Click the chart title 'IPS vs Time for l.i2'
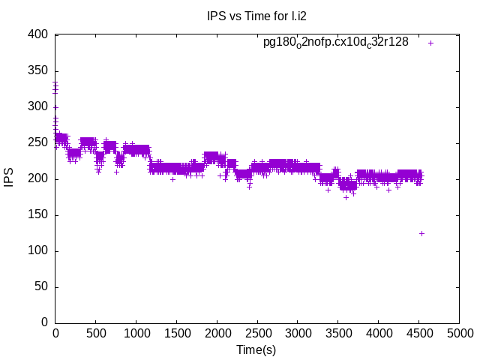[x=256, y=15]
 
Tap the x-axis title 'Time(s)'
[x=256, y=349]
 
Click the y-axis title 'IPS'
[x=10, y=179]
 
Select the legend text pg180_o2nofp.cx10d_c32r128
[x=335, y=42]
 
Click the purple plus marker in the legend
[x=431, y=43]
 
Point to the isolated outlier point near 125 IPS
[x=421, y=233]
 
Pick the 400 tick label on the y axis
[x=39, y=35]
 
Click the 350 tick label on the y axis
[x=39, y=71]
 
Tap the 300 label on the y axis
[x=39, y=107]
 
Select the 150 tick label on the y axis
[x=39, y=215]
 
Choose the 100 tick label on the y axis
[x=39, y=251]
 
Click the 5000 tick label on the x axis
[x=459, y=332]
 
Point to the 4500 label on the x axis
[x=418, y=332]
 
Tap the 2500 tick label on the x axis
[x=257, y=332]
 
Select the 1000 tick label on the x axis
[x=136, y=332]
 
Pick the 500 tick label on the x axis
[x=95, y=332]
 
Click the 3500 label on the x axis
[x=338, y=332]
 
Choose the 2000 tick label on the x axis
[x=217, y=332]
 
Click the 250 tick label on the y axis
[x=39, y=143]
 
